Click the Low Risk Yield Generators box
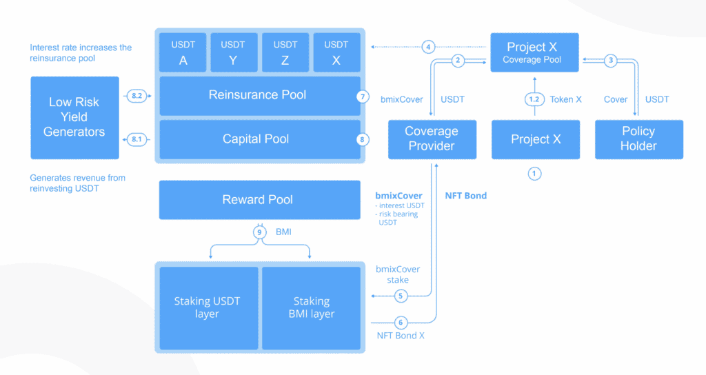[74, 117]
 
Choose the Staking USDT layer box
[208, 307]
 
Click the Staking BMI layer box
[311, 307]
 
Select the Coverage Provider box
[431, 139]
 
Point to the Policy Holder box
[638, 139]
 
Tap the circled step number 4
[429, 47]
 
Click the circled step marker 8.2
[137, 96]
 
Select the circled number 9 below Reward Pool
[260, 232]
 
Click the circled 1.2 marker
[534, 99]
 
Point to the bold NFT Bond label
[465, 196]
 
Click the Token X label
[565, 99]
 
